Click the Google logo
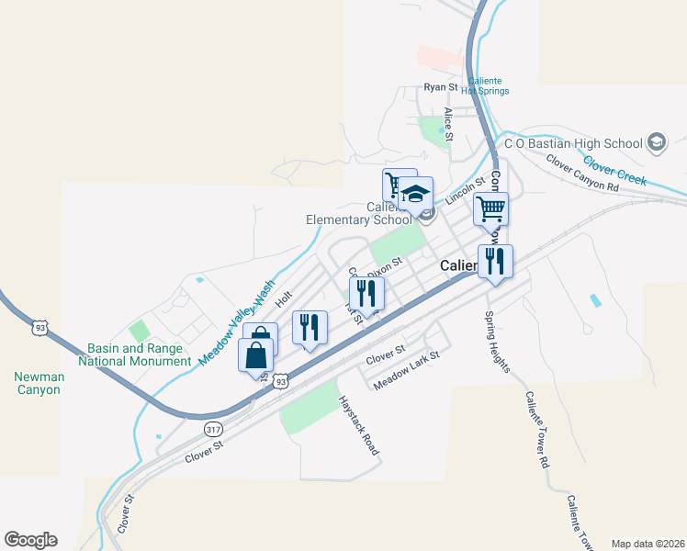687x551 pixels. (30, 540)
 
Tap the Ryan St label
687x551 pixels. (440, 87)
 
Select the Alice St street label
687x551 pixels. (449, 124)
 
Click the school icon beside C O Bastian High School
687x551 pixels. (656, 142)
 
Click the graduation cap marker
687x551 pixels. (416, 197)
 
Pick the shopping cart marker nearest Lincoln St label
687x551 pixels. (490, 209)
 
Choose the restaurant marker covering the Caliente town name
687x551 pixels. (495, 262)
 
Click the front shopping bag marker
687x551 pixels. (256, 354)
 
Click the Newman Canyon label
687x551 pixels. (37, 383)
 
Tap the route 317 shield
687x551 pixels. (213, 429)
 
